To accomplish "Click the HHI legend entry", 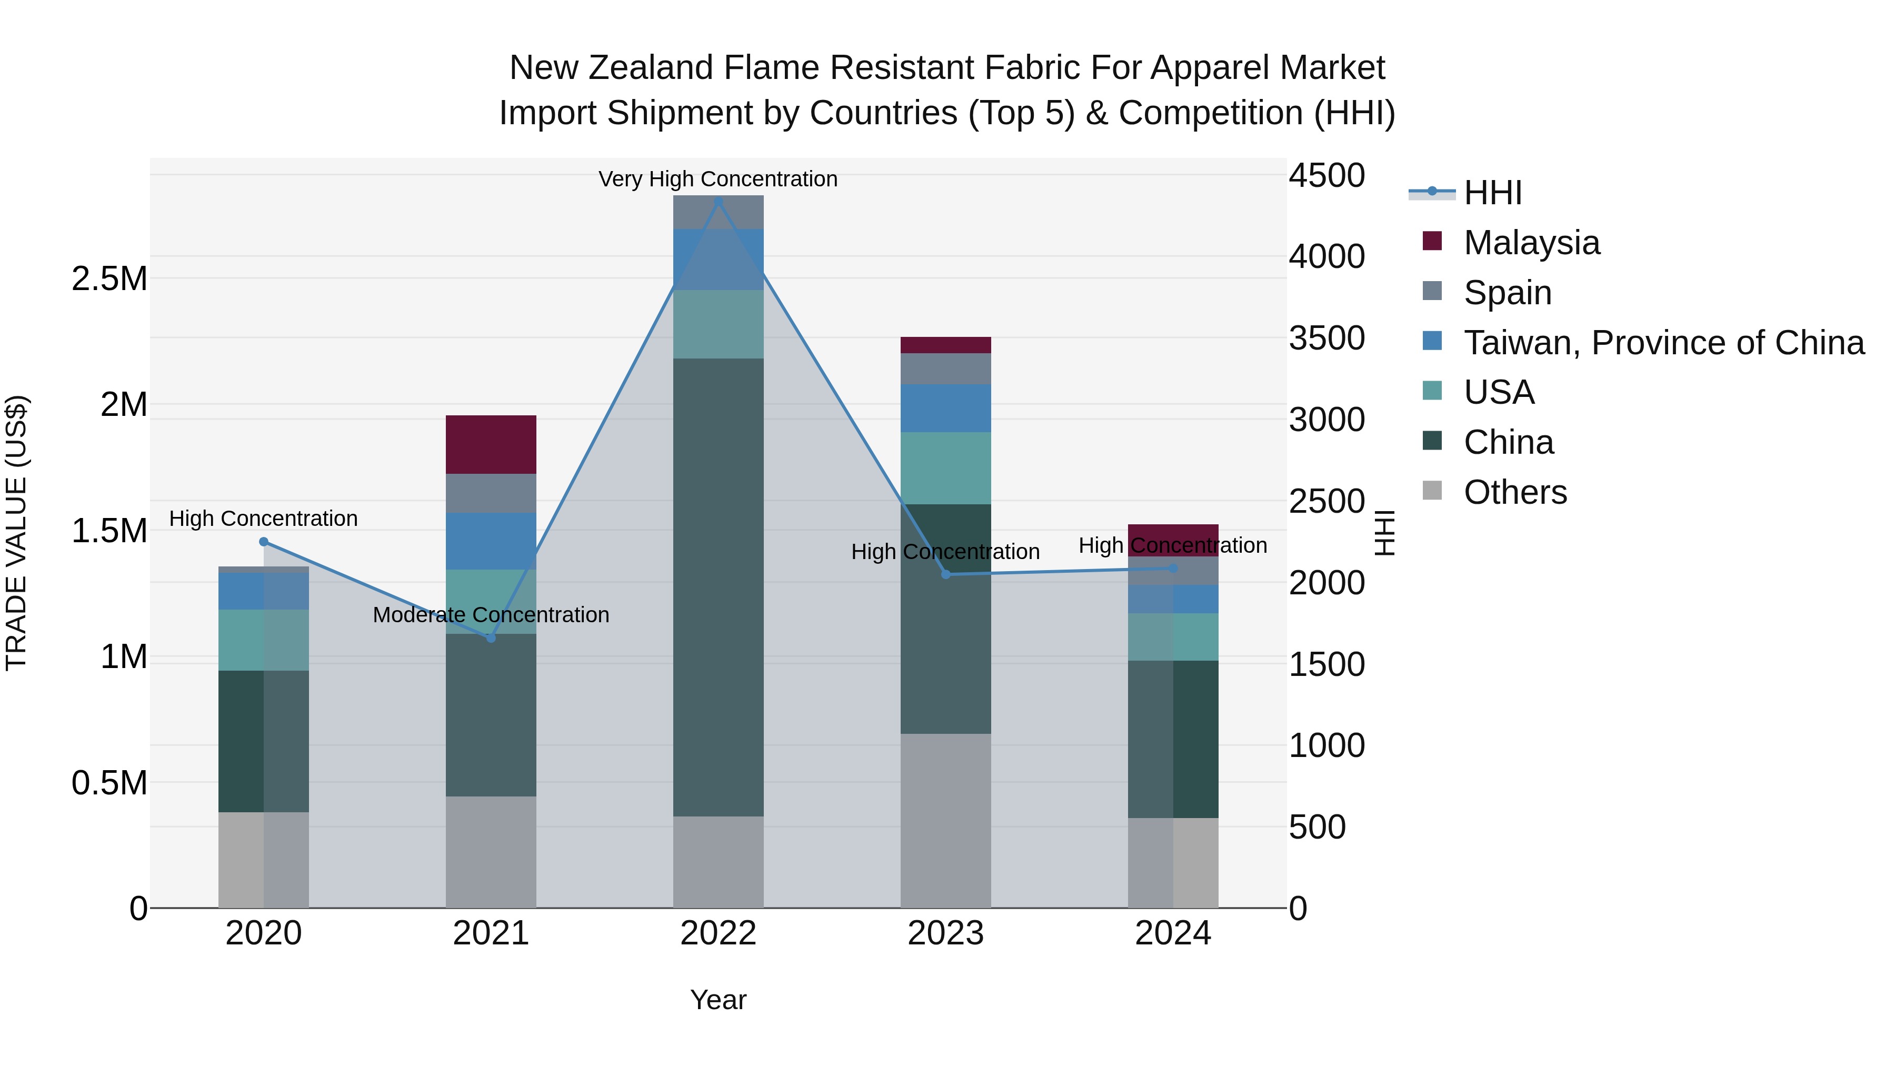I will tap(1492, 193).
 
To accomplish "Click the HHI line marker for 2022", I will tap(719, 200).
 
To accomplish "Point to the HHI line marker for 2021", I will tap(492, 638).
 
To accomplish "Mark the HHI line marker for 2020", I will tap(264, 542).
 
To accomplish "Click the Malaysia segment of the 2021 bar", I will tap(492, 444).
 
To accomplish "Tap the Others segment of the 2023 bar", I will tap(946, 820).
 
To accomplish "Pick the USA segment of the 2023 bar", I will tap(946, 468).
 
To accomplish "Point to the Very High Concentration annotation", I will tap(718, 179).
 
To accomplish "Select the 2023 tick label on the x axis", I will tap(946, 933).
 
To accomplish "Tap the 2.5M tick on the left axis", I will tap(109, 280).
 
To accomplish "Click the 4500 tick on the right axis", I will tap(1327, 176).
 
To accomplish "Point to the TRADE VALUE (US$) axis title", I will tap(16, 533).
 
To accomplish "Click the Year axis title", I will tap(719, 1000).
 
